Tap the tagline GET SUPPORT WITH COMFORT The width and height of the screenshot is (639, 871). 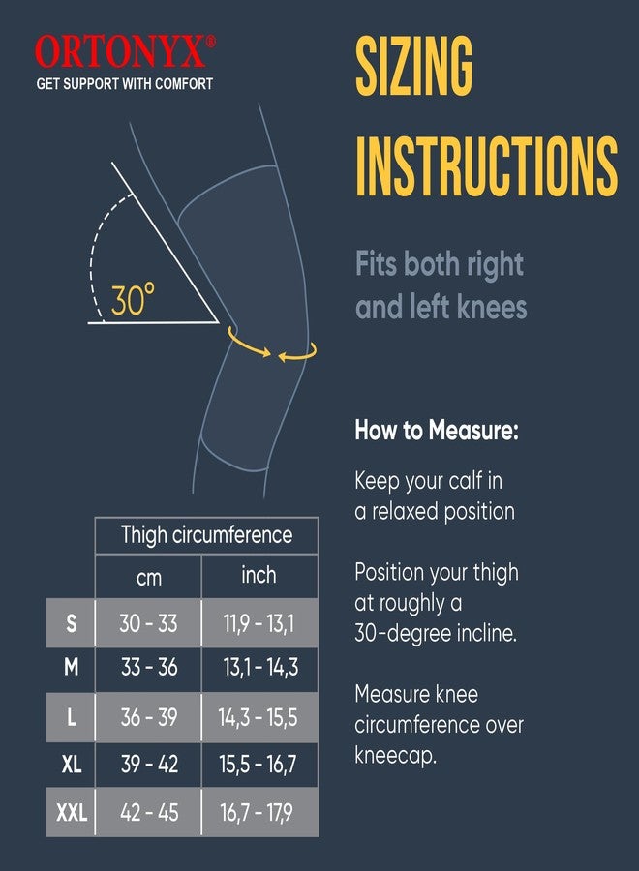point(125,84)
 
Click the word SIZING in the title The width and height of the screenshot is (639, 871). point(414,67)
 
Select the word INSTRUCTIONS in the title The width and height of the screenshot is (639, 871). point(487,165)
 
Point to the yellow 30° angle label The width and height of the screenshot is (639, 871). point(133,300)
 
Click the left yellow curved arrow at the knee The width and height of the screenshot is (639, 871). point(248,344)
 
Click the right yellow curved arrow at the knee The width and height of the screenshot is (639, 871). point(298,352)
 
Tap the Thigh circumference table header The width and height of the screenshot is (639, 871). point(206,535)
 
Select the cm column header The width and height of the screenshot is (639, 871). point(149,578)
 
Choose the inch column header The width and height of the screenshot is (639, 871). point(259,575)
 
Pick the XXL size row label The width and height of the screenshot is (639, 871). point(72,813)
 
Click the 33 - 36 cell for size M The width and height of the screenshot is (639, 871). point(149,667)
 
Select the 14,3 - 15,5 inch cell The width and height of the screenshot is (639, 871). point(258,718)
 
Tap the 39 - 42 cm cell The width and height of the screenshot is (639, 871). point(149,765)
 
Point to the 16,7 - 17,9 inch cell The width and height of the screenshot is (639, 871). point(257,813)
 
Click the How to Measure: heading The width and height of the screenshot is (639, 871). point(437,431)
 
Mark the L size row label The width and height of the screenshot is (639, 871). point(71,718)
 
